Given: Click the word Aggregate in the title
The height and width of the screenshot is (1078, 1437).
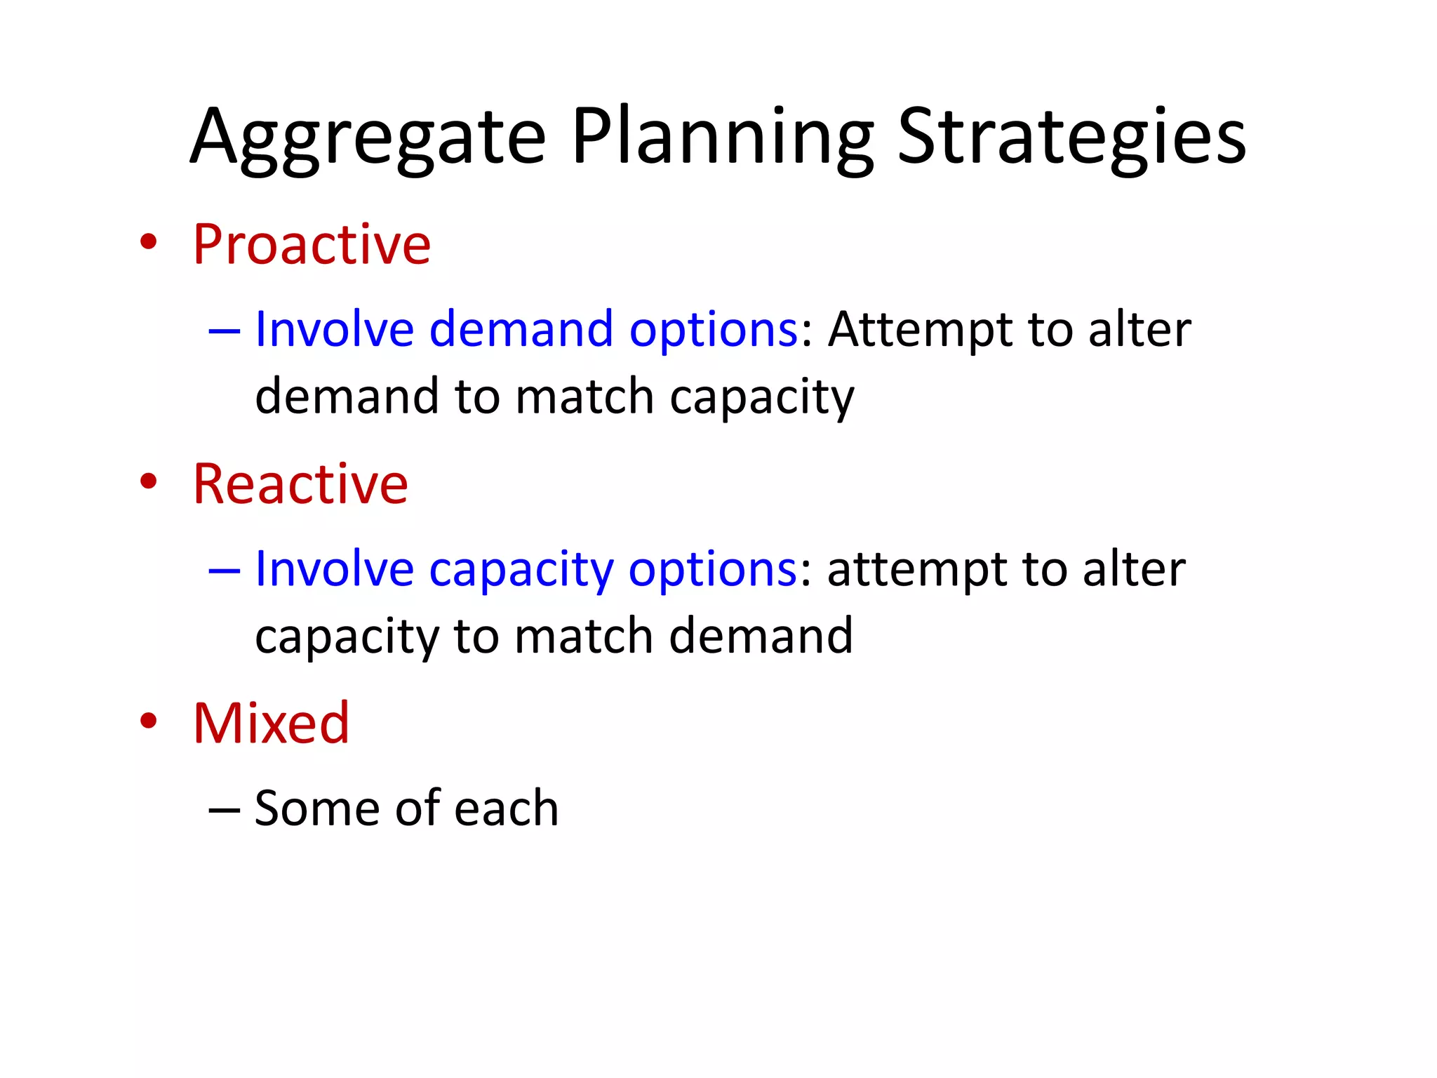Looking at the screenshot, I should click(x=368, y=138).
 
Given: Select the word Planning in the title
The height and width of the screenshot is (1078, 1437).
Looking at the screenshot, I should click(x=723, y=138).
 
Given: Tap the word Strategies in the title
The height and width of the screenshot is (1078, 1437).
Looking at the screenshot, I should click(x=1071, y=138).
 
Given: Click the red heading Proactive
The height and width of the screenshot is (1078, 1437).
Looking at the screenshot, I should click(x=312, y=244).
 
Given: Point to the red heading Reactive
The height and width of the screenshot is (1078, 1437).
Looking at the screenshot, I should click(x=300, y=484).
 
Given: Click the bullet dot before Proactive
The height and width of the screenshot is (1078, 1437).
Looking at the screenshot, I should click(x=148, y=242).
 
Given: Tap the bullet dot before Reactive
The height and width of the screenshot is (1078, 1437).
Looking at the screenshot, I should click(x=148, y=481).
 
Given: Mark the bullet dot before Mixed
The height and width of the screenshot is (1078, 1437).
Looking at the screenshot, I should click(x=148, y=721).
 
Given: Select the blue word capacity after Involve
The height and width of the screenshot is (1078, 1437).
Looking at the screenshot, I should click(x=521, y=570).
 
